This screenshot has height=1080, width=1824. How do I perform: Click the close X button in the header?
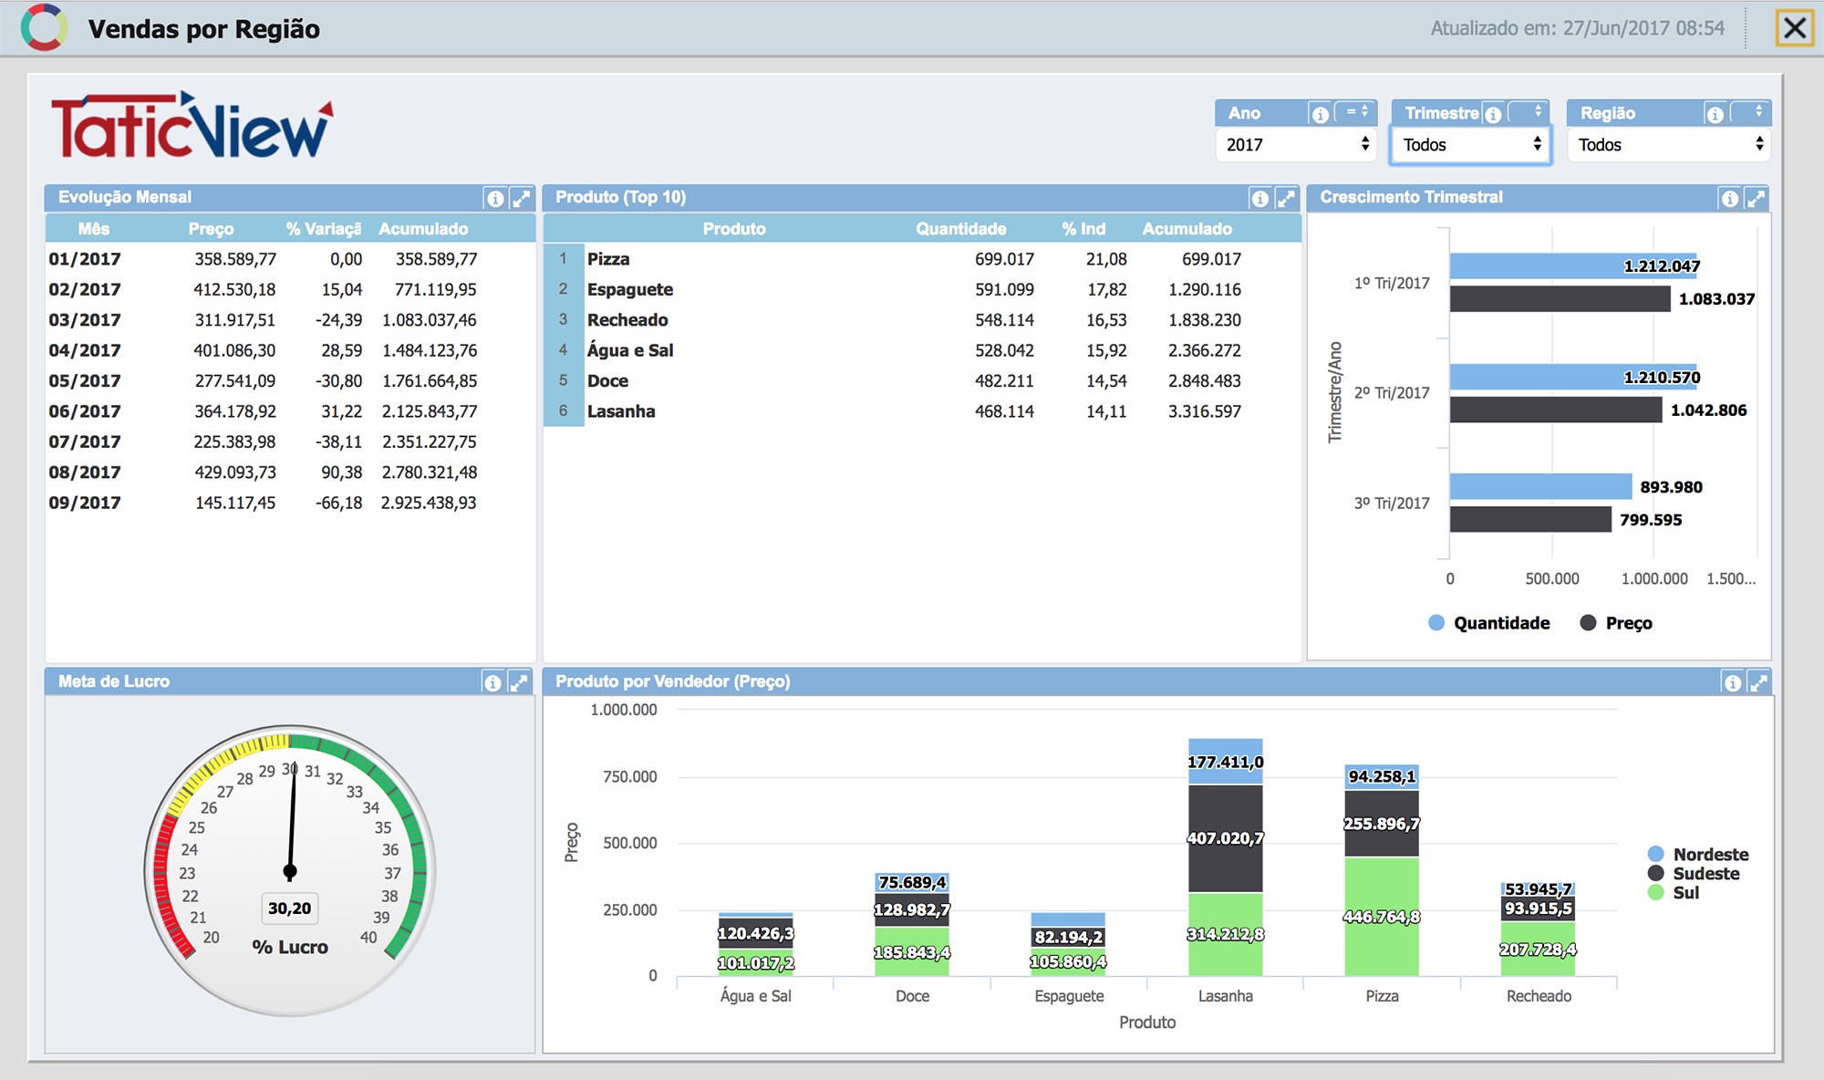(1794, 28)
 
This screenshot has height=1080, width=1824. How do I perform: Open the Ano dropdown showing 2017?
(1296, 144)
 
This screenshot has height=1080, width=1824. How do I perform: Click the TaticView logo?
(192, 126)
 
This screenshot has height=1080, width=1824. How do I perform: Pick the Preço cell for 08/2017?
(234, 472)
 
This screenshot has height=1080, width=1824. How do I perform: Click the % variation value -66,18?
(338, 503)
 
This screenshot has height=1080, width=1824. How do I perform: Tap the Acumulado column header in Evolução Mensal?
(423, 229)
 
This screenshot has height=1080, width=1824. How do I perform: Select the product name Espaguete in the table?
(630, 289)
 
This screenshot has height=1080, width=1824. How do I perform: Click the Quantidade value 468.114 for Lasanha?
(1004, 411)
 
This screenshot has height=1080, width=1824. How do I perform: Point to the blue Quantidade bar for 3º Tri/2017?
(1540, 486)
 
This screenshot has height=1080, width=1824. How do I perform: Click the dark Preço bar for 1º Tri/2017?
(1560, 298)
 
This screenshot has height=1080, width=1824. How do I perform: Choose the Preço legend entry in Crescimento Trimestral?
(1616, 623)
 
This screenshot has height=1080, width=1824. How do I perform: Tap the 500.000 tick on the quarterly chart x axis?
(1552, 578)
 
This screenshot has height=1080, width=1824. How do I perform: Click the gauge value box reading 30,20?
(290, 909)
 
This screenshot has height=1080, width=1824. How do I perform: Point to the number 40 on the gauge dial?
(368, 937)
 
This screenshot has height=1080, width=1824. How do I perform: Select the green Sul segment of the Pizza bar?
(1382, 917)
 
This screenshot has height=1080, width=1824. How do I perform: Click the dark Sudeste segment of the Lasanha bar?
(1226, 838)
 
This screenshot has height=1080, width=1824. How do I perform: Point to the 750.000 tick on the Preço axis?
(629, 776)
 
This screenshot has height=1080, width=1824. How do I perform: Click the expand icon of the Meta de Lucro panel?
(518, 682)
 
